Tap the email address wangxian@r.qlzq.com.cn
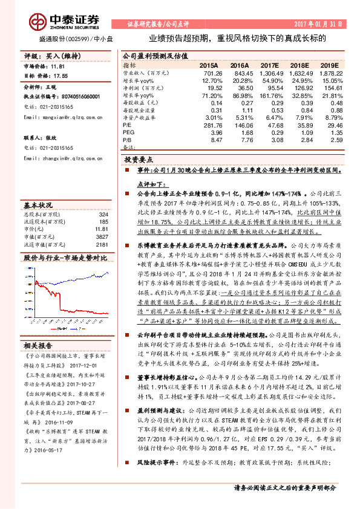[65, 117]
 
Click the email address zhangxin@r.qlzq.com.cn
[65, 158]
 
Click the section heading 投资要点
[136, 161]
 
